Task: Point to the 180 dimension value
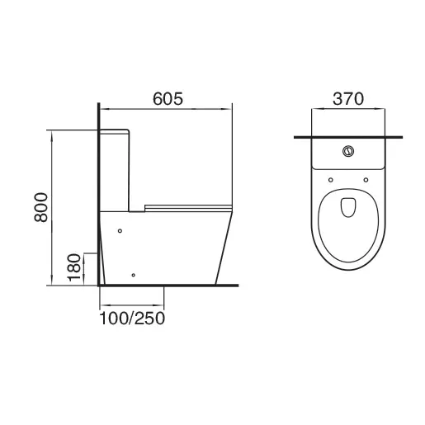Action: [73, 267]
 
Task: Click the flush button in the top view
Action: [348, 151]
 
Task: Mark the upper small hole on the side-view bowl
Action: [120, 230]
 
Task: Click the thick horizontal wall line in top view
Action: [348, 135]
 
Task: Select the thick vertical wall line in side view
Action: [100, 198]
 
